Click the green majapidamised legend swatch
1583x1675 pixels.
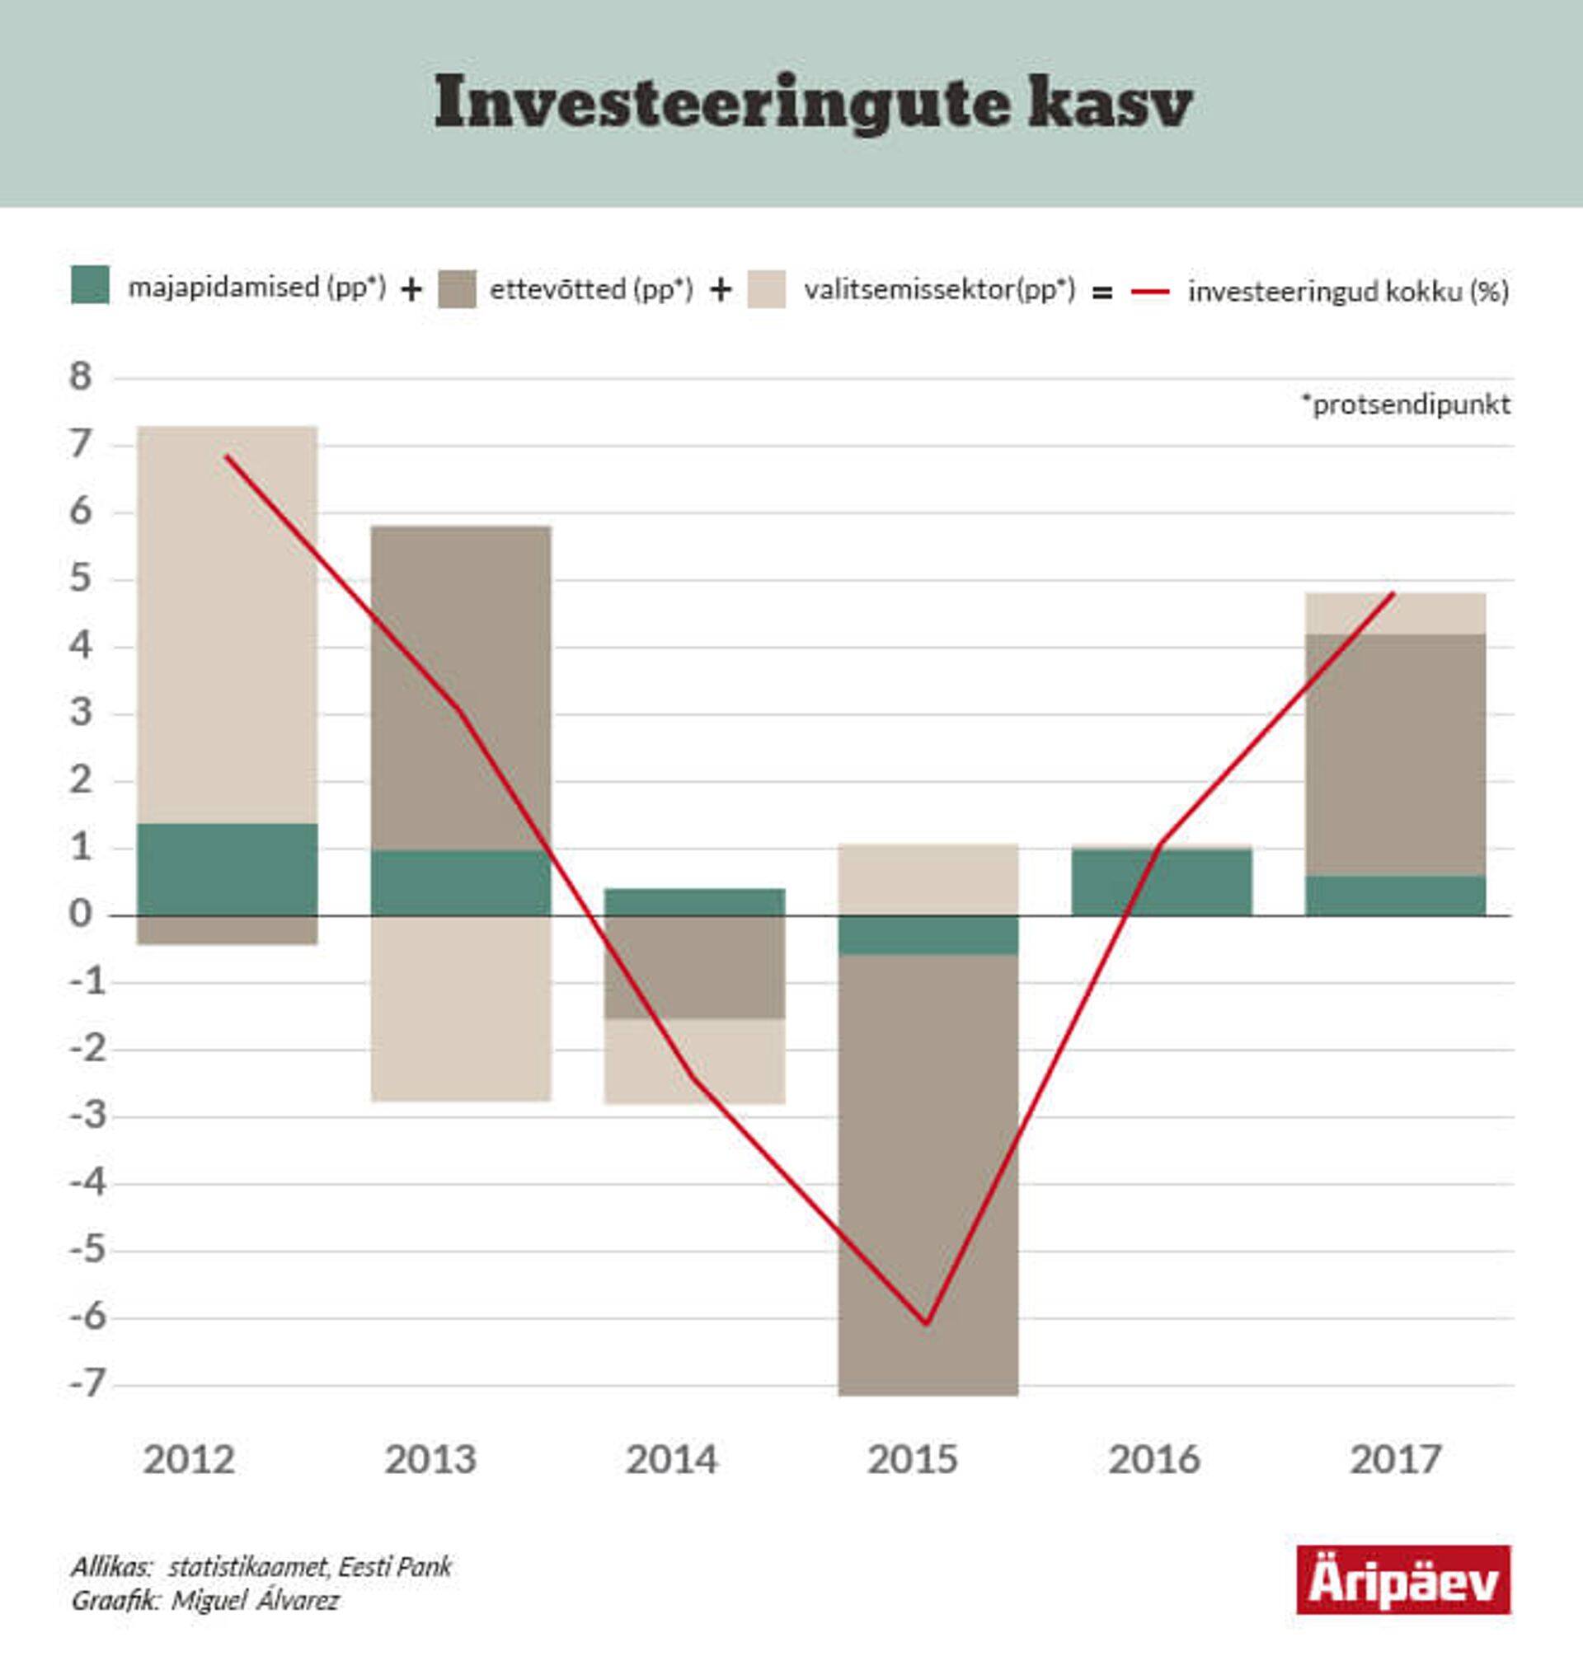(x=91, y=285)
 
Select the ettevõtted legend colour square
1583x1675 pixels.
(x=458, y=289)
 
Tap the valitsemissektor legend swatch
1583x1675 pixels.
(x=766, y=289)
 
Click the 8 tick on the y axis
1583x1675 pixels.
(x=81, y=377)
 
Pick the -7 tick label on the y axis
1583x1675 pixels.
(x=87, y=1384)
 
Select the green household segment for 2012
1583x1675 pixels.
(x=227, y=868)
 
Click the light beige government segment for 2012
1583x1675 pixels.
(x=227, y=625)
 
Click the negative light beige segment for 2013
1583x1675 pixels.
(x=461, y=1008)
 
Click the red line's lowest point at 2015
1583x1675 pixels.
(x=927, y=1322)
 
